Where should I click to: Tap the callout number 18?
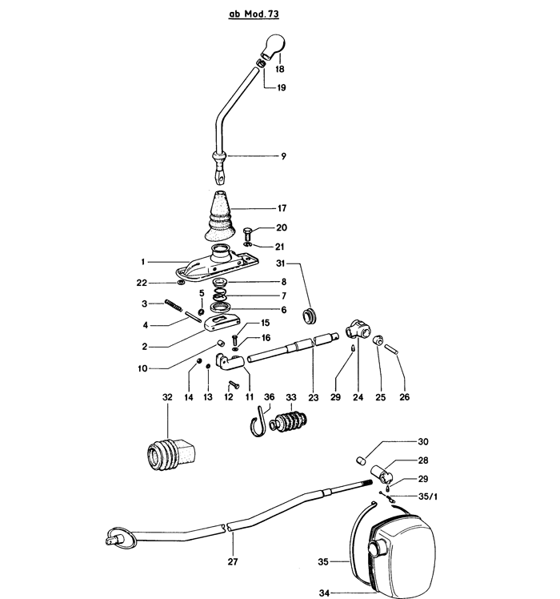coord(280,70)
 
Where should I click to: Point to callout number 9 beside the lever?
coord(283,155)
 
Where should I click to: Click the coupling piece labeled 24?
coord(357,331)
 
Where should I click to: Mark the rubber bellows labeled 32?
coord(168,457)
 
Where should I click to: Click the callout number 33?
coord(291,396)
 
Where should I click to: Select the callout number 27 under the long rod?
coord(233,561)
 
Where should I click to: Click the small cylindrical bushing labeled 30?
coord(361,461)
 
